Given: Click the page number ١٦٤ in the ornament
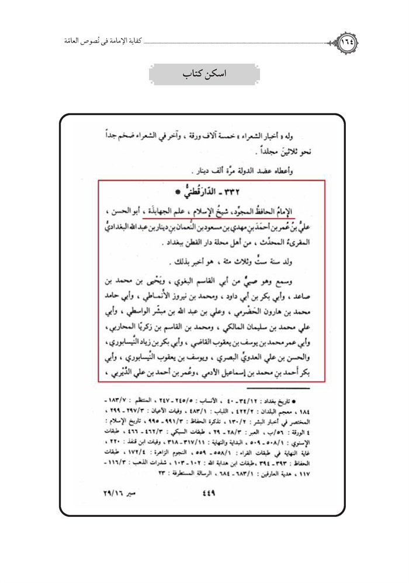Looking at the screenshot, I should click(x=349, y=43).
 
